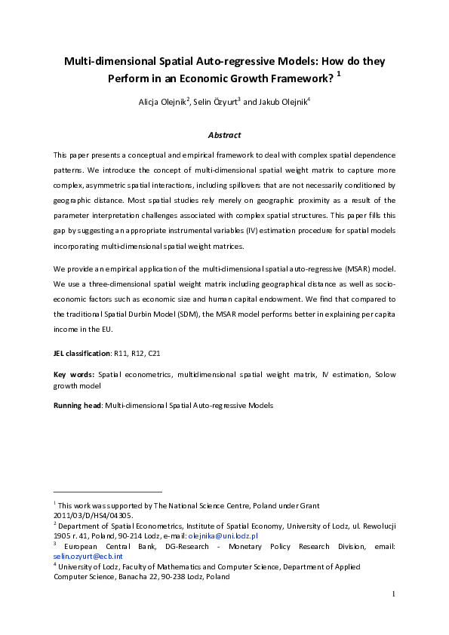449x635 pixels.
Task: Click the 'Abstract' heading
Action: (224, 135)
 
